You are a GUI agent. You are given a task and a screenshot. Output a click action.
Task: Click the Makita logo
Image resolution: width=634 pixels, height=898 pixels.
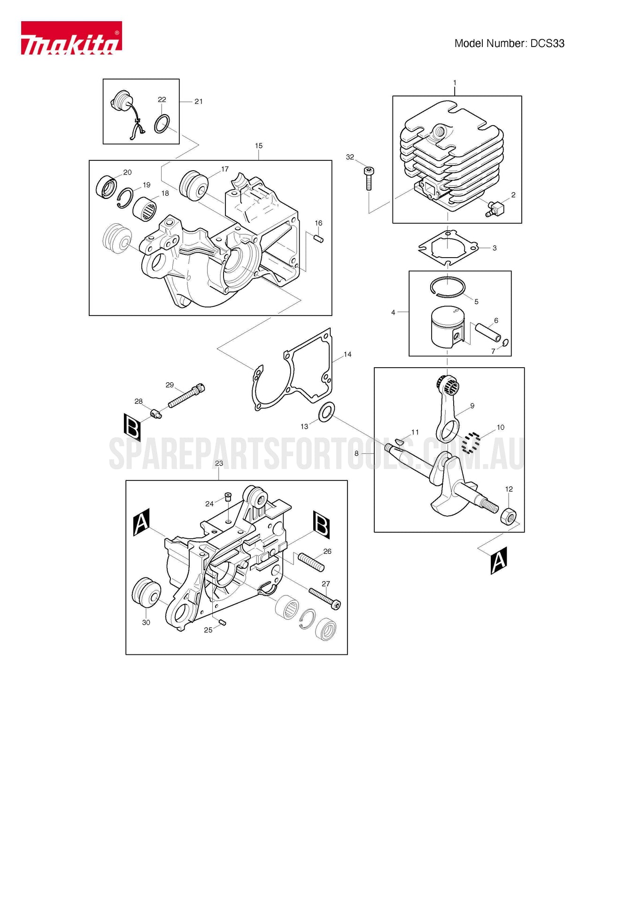(71, 38)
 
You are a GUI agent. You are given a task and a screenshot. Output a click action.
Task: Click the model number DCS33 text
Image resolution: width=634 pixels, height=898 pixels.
(509, 44)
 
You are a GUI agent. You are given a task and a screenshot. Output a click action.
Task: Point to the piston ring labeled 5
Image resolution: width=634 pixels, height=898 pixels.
(448, 287)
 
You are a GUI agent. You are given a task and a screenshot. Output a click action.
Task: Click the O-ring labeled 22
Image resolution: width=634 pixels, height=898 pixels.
(162, 124)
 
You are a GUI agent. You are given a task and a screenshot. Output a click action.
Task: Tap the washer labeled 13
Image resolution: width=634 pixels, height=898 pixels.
(326, 412)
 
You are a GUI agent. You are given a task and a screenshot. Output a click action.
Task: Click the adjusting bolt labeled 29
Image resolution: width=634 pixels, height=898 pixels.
(186, 396)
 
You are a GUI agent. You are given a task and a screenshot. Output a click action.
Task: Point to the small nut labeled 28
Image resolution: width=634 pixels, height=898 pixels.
(156, 414)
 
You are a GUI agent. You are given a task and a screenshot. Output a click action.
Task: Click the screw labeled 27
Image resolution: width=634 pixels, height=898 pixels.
(325, 599)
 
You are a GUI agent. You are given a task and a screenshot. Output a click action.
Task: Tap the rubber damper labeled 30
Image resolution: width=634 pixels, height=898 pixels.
(146, 592)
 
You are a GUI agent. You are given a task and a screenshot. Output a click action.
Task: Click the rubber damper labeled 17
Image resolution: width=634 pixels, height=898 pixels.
(193, 185)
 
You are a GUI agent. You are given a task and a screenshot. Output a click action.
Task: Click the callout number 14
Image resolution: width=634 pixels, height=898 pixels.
(348, 354)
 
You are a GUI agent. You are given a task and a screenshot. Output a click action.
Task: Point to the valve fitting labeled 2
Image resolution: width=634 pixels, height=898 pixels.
(495, 208)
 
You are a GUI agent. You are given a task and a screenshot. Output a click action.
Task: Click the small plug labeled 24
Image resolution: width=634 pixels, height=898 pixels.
(228, 496)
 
